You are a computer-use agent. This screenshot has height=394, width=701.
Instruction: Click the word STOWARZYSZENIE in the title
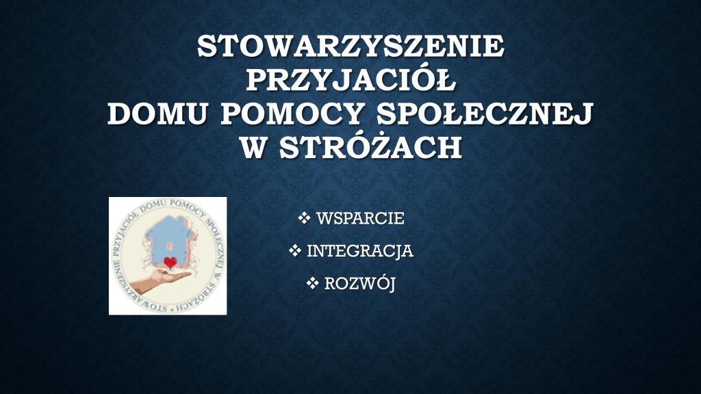[351, 47]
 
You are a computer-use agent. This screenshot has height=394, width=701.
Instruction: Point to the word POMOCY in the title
[291, 114]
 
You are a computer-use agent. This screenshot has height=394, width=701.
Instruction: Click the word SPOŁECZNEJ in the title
[485, 114]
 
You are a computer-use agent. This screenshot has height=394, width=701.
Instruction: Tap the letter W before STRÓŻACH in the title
[253, 148]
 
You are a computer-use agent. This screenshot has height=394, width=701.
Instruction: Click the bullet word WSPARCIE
[360, 218]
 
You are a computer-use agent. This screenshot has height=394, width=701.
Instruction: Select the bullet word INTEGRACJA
[360, 251]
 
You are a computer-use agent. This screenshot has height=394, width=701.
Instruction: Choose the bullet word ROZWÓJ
[360, 284]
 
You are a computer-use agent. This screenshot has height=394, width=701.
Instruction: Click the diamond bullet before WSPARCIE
[304, 218]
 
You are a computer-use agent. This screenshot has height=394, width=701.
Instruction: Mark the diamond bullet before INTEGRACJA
[294, 250]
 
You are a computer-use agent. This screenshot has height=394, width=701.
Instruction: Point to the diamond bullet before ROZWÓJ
[312, 283]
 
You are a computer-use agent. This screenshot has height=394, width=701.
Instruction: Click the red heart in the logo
[170, 263]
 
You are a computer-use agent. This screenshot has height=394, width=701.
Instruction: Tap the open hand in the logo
[161, 280]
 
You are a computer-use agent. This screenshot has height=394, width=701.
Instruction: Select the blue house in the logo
[170, 239]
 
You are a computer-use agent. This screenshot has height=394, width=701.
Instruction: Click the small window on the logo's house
[170, 246]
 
